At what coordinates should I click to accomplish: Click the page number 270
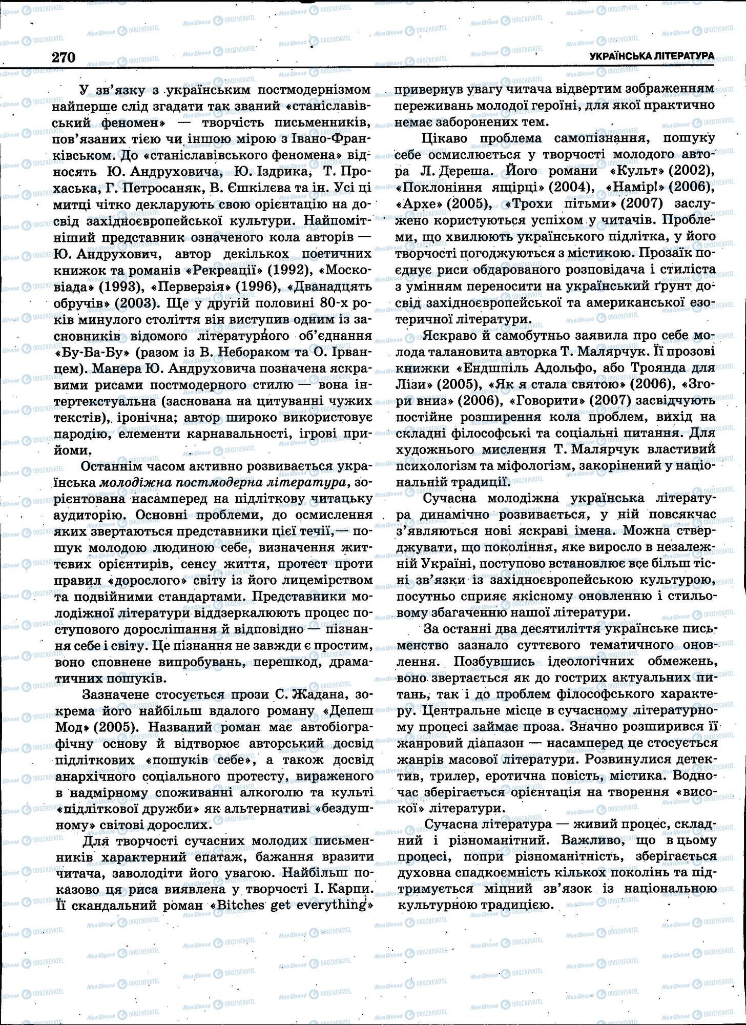tap(64, 57)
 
